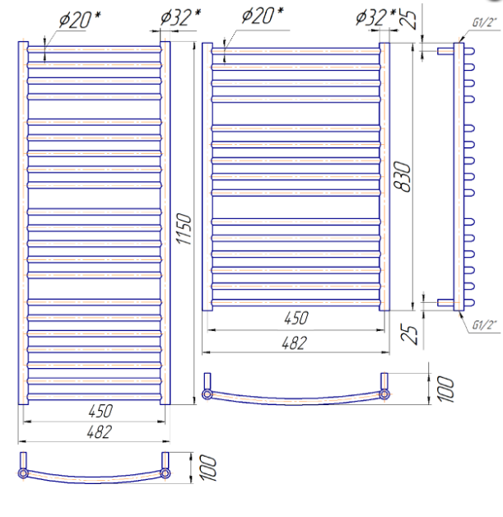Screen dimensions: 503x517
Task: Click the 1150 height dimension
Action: pyautogui.click(x=184, y=229)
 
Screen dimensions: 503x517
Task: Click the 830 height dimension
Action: pyautogui.click(x=403, y=176)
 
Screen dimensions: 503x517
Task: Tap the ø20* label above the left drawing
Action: pyautogui.click(x=80, y=20)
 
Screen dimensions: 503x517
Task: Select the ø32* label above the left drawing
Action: pyautogui.click(x=180, y=17)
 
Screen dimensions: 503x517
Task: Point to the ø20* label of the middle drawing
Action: pyautogui.click(x=263, y=15)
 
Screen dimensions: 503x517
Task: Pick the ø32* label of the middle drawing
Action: pyautogui.click(x=375, y=17)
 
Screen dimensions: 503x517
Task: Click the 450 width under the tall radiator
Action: pyautogui.click(x=100, y=411)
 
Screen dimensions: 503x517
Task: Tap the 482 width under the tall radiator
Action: pyautogui.click(x=100, y=431)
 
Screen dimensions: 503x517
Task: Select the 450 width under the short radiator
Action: pyautogui.click(x=296, y=318)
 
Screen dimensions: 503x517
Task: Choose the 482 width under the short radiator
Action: pyautogui.click(x=295, y=343)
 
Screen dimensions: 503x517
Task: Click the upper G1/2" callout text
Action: pyautogui.click(x=484, y=22)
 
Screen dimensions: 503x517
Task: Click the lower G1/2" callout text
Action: pyautogui.click(x=484, y=325)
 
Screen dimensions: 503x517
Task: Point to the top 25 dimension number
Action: pyautogui.click(x=408, y=18)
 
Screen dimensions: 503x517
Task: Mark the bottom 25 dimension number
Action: pyautogui.click(x=408, y=334)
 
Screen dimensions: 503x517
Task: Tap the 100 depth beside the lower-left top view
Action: pyautogui.click(x=207, y=468)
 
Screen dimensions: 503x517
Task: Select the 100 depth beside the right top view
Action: pyautogui.click(x=445, y=389)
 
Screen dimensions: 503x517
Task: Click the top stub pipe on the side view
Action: pyautogui.click(x=445, y=51)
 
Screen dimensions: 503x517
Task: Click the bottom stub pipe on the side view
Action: pyautogui.click(x=445, y=302)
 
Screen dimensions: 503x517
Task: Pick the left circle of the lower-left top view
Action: pyautogui.click(x=23, y=473)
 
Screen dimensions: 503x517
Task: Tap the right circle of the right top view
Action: pyautogui.click(x=384, y=394)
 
